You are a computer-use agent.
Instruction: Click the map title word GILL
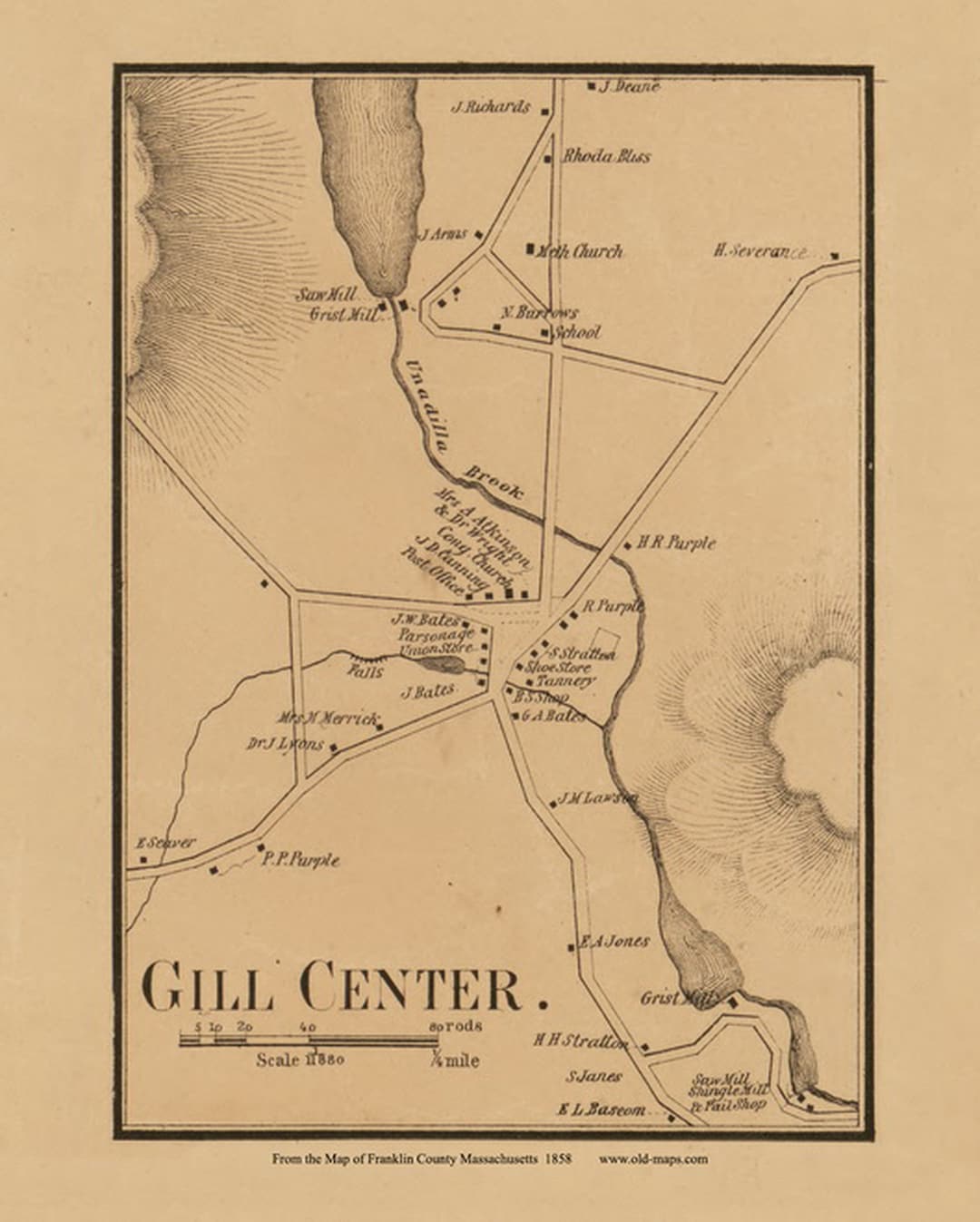[x=208, y=986]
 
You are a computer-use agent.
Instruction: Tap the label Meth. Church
[x=580, y=251]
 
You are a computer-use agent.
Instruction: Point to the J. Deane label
[x=629, y=86]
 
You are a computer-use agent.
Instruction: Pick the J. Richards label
[x=491, y=107]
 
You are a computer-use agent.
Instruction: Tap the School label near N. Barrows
[x=577, y=332]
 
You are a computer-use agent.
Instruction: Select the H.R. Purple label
[x=675, y=543]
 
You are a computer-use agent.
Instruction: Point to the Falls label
[x=366, y=671]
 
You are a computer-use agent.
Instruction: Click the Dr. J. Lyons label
[x=285, y=744]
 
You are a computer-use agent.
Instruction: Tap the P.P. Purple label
[x=300, y=859]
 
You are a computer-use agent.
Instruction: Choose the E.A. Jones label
[x=614, y=941]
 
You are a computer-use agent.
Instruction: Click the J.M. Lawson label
[x=598, y=798]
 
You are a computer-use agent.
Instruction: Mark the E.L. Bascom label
[x=602, y=1109]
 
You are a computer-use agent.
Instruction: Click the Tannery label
[x=565, y=680]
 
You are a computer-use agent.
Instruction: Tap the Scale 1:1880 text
[x=299, y=1060]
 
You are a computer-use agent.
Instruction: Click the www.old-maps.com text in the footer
[x=652, y=1158]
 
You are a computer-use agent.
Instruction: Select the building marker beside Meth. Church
[x=531, y=248]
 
